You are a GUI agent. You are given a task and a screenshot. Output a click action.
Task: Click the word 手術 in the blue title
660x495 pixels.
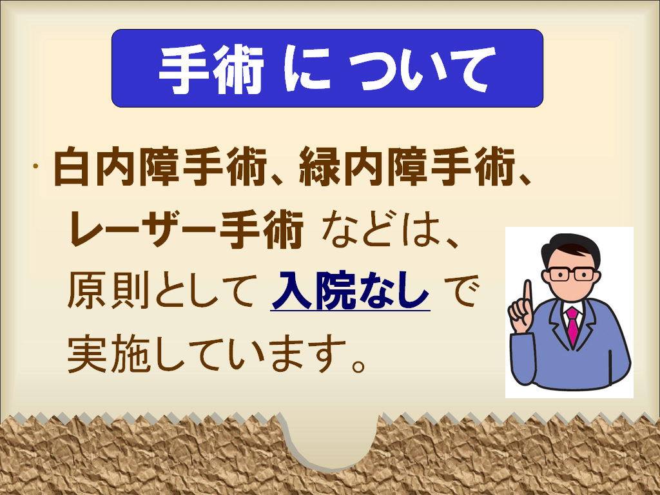point(211,69)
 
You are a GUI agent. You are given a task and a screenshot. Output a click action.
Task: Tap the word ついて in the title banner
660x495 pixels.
point(422,69)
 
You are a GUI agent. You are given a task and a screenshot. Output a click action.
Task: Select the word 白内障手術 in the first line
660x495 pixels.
point(160,166)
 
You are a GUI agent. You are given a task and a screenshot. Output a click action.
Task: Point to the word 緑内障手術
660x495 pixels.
point(407,166)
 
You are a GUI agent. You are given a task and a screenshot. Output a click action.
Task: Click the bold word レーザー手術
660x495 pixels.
point(186,229)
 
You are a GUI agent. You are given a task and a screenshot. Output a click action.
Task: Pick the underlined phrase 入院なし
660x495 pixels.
point(350,291)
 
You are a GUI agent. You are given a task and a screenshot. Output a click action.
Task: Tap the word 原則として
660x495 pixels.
point(162,291)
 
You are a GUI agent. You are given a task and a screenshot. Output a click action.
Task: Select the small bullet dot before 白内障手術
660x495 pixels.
point(36,166)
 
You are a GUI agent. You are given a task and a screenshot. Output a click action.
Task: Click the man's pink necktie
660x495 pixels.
point(572,325)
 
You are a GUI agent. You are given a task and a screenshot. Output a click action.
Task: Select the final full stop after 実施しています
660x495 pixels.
point(358,365)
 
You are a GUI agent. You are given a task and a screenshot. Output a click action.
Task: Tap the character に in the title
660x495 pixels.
point(307,69)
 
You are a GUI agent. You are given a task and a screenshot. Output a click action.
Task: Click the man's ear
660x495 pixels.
point(546,277)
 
